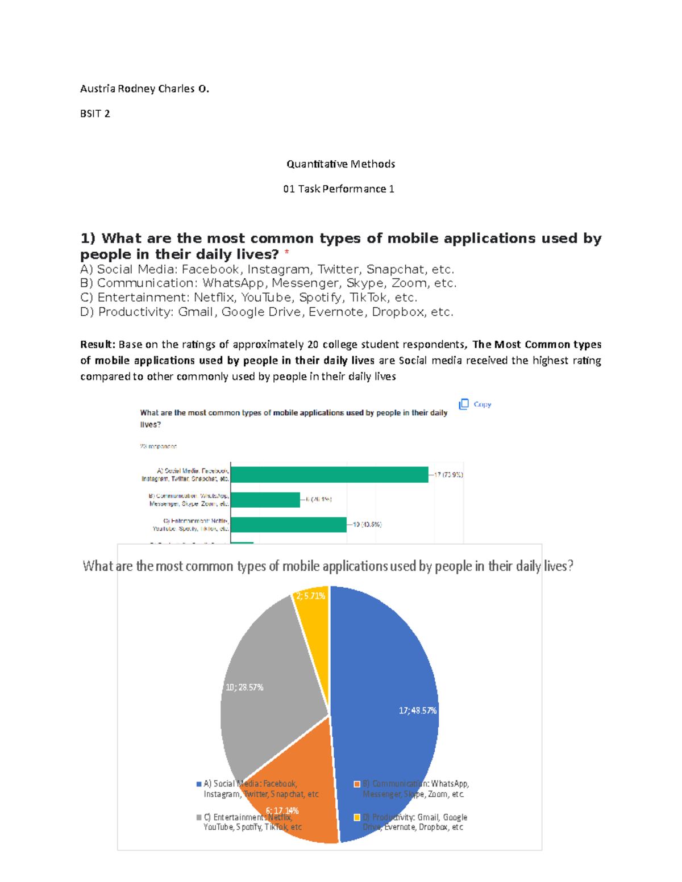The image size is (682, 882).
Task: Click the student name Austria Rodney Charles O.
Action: coord(144,89)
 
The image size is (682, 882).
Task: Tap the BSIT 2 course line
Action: coord(95,114)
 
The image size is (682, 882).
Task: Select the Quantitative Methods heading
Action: coord(340,164)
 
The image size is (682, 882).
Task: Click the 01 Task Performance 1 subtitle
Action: coord(339,189)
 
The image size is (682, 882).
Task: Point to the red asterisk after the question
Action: coord(287,253)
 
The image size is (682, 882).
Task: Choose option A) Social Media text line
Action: coord(267,269)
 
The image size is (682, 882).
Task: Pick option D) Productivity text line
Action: coord(267,312)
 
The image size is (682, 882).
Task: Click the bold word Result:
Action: coord(98,344)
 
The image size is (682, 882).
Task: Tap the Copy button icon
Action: coord(464,404)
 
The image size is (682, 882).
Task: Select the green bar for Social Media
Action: coord(330,474)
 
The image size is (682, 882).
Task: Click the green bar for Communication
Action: coord(265,500)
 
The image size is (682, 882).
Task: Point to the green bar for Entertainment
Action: coord(289,524)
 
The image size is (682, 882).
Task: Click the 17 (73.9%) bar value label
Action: coord(448,474)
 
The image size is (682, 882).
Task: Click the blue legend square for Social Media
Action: coord(199,784)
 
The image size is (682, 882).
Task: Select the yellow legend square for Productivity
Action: coord(357,817)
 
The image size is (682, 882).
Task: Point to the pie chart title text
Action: coord(328,566)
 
